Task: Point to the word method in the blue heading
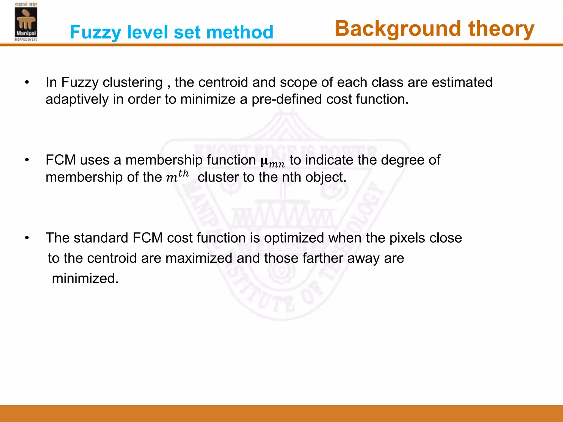click(x=240, y=32)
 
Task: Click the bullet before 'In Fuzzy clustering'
click(x=27, y=82)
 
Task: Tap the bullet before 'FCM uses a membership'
click(x=27, y=160)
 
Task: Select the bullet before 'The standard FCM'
click(x=27, y=238)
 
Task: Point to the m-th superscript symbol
click(x=177, y=176)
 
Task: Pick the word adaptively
click(x=77, y=99)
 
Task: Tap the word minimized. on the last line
click(x=85, y=278)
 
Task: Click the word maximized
click(x=199, y=258)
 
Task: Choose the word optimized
click(x=294, y=238)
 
